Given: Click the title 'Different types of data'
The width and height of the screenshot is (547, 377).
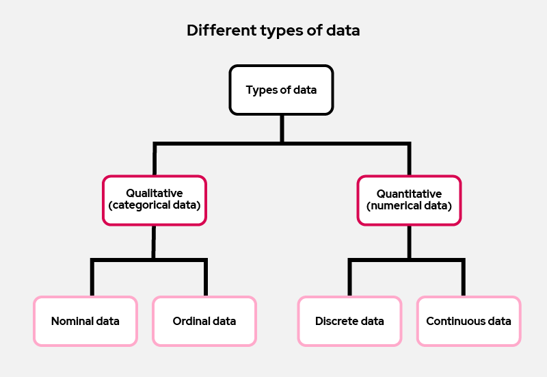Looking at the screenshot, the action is (273, 31).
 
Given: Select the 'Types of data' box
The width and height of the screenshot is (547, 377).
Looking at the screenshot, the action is (281, 90).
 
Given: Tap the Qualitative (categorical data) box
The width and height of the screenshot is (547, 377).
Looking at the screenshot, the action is (154, 200).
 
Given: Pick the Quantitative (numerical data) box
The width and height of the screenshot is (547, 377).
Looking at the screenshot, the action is (409, 200).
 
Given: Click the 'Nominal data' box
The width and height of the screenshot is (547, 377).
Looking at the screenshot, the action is (85, 321).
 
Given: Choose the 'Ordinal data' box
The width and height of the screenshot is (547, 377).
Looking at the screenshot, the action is (204, 321).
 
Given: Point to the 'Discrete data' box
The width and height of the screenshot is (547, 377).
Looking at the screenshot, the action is (349, 321).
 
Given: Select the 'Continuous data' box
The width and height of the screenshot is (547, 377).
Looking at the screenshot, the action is (468, 321).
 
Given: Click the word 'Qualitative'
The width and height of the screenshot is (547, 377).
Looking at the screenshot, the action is (154, 194).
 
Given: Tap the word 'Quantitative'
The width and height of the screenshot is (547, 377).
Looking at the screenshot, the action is (409, 194).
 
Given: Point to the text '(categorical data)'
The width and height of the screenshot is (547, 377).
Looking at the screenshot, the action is (154, 205).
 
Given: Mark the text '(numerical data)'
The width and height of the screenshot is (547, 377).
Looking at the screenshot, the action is (409, 205).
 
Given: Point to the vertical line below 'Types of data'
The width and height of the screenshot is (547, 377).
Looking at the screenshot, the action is (281, 129).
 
